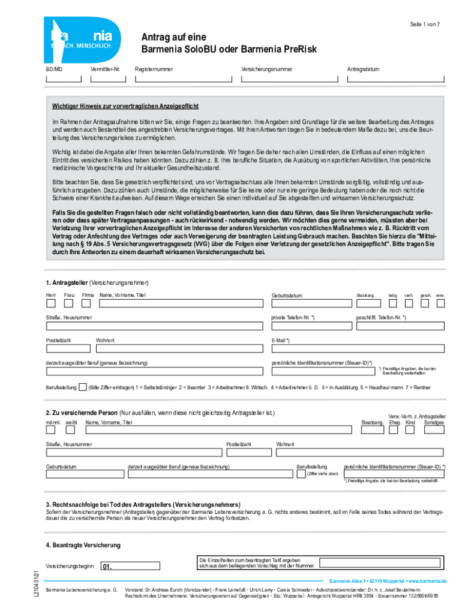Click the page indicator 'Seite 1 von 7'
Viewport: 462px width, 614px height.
[426, 24]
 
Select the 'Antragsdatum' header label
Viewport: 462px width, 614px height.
[363, 69]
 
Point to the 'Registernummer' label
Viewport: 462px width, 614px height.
[154, 69]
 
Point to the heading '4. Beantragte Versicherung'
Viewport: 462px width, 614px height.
[83, 545]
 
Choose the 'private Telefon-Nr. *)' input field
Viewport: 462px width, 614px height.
[310, 327]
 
